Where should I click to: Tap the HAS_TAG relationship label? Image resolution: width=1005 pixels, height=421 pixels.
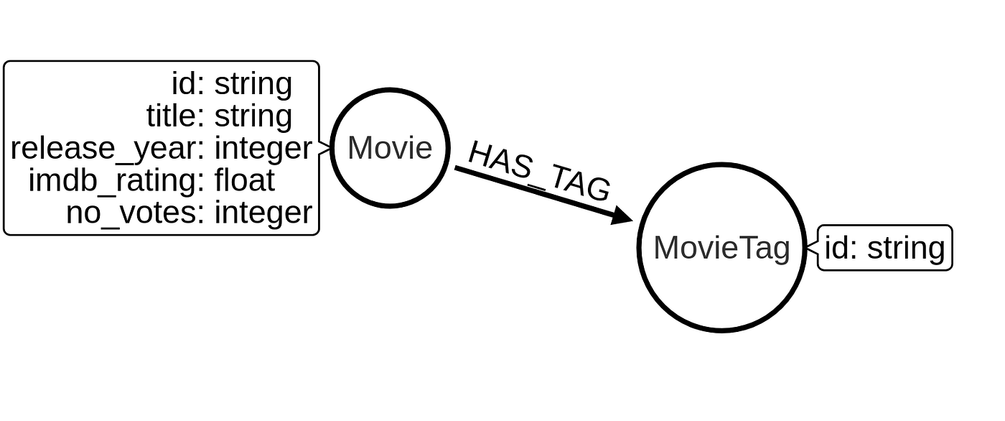tap(538, 171)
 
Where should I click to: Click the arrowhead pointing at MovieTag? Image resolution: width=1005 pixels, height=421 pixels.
tap(622, 215)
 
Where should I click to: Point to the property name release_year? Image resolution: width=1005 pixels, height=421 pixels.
tap(102, 149)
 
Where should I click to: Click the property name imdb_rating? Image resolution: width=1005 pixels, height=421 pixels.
tap(111, 180)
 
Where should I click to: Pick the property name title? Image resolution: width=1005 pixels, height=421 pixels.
tap(169, 116)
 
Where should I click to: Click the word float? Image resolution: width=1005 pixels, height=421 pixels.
tap(245, 180)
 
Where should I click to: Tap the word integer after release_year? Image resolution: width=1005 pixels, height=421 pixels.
tap(263, 149)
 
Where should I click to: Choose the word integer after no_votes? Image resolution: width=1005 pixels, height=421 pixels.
tap(263, 213)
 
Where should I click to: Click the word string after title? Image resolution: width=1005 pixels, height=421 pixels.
tap(253, 116)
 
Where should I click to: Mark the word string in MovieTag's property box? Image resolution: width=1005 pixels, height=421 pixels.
tap(906, 249)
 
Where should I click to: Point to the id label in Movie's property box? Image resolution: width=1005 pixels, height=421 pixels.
tap(188, 85)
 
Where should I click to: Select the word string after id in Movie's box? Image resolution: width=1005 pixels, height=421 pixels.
tap(253, 85)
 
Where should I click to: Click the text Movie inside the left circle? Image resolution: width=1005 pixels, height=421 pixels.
tap(390, 148)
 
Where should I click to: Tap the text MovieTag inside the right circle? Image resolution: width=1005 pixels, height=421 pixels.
tap(721, 248)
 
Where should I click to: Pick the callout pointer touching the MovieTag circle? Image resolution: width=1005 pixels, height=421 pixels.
tap(812, 248)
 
